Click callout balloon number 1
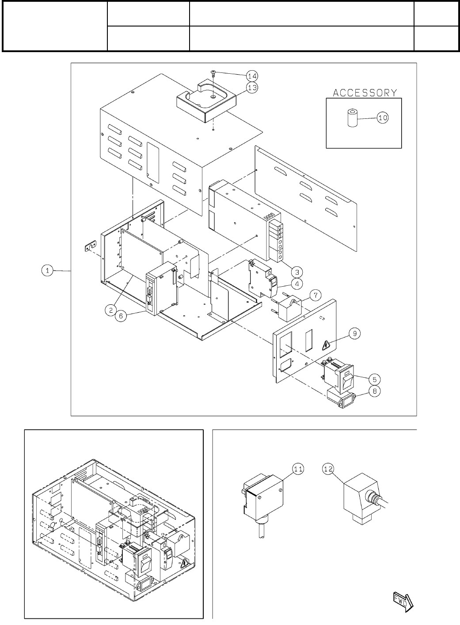coord(47,270)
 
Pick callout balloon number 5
coord(374,379)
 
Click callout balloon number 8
coord(374,390)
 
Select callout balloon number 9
coord(355,333)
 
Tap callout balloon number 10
coord(383,117)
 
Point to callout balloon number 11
coord(298,469)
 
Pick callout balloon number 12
coord(328,469)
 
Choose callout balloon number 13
coord(252,87)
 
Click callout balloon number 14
coord(252,76)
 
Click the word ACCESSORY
coord(365,93)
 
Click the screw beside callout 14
coord(213,72)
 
